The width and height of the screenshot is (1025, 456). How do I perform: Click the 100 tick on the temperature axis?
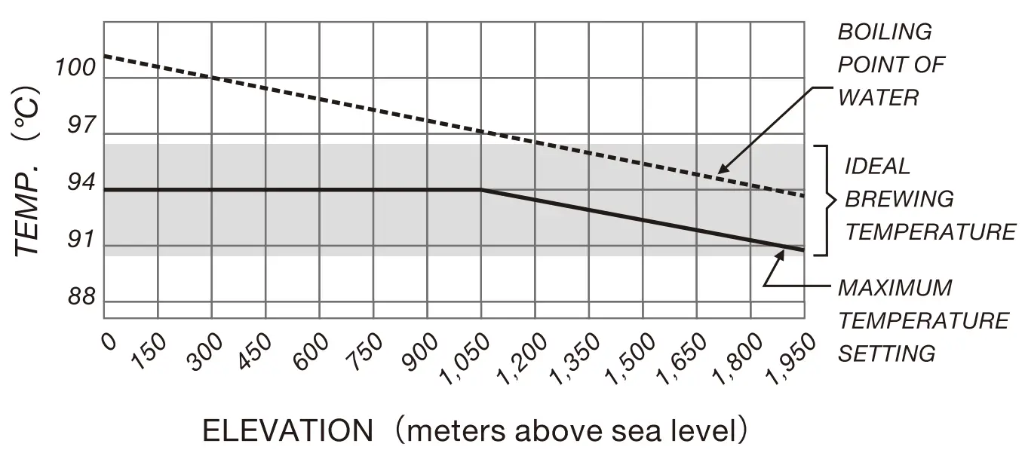(x=75, y=68)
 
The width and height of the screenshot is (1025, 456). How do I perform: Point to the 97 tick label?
(x=81, y=126)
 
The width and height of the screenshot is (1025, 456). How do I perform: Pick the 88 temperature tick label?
(x=81, y=298)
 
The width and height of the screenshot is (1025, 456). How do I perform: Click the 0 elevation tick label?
(x=110, y=342)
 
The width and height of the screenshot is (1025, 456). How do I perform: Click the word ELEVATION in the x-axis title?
(x=287, y=431)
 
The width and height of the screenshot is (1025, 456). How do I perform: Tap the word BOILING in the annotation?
(x=885, y=32)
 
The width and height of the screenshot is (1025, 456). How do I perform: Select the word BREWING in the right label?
(x=899, y=199)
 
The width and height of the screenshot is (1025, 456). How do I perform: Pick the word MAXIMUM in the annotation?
(x=895, y=288)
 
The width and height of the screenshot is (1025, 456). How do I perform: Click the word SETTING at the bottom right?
(x=887, y=353)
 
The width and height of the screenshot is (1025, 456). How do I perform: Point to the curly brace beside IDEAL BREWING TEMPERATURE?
(x=827, y=200)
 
